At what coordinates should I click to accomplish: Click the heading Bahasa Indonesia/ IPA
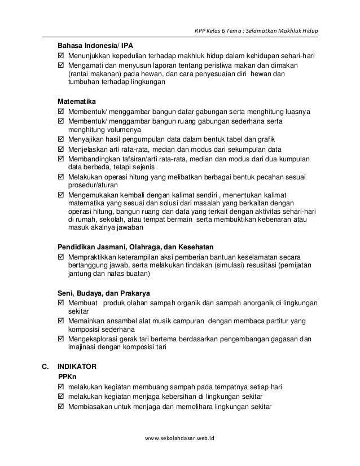96,46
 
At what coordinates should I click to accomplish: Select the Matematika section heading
80,100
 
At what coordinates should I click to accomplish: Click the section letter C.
46,366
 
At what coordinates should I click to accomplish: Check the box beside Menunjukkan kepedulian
62,56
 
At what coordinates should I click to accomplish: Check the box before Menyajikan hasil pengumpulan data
62,139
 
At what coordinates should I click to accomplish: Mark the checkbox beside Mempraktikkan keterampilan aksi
62,258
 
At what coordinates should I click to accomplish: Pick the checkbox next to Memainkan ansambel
62,320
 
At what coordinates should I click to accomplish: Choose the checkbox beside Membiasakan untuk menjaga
62,407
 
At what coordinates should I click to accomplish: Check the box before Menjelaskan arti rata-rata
62,150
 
